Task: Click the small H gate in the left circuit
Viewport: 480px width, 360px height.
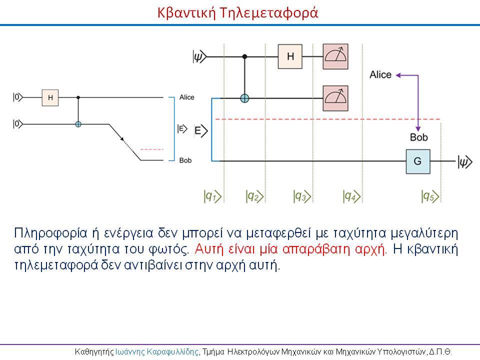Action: pos(50,97)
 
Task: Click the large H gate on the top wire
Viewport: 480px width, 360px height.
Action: pos(290,56)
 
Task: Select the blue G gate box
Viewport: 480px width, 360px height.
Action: pos(418,161)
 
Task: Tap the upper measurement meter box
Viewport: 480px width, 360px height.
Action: pos(335,56)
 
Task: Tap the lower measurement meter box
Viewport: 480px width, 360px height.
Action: pos(335,98)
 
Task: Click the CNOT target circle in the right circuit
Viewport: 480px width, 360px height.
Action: pos(244,98)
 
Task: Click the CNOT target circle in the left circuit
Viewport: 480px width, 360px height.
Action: pos(78,124)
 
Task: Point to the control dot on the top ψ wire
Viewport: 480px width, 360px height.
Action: pos(244,56)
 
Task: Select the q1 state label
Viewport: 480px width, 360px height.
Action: pos(212,196)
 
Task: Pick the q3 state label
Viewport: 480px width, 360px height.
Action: pos(302,196)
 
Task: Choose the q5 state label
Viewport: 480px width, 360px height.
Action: pos(430,196)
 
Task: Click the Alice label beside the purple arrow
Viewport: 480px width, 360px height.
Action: pos(380,74)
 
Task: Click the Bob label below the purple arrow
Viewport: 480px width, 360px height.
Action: pos(419,137)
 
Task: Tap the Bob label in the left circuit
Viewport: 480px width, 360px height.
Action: pos(185,160)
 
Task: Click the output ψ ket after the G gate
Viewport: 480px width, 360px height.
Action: pos(465,161)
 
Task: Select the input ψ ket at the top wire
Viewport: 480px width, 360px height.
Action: pos(200,56)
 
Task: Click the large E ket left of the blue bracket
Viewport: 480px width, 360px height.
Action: pos(201,131)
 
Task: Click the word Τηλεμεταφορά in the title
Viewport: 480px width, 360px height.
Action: pos(269,13)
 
